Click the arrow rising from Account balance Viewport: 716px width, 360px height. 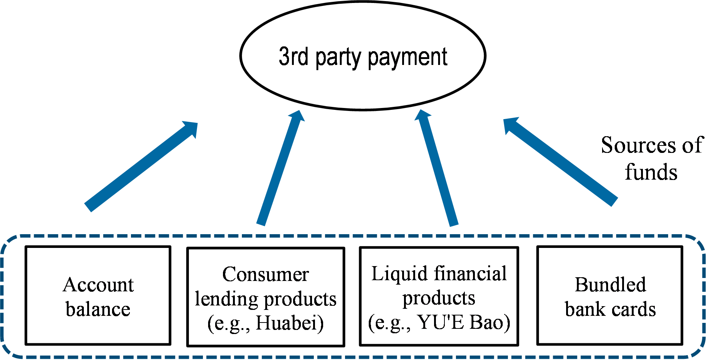(141, 167)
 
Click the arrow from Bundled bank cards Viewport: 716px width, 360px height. (560, 162)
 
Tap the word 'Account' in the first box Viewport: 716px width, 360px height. (98, 285)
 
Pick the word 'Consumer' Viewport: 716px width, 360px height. (265, 275)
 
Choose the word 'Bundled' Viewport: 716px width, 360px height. (610, 285)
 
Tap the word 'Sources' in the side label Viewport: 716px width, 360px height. (637, 145)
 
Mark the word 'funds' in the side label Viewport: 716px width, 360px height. (651, 172)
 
